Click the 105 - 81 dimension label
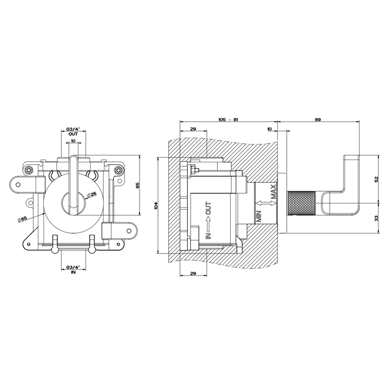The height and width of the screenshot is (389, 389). tap(228, 119)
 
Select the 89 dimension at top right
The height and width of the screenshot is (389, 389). tap(318, 119)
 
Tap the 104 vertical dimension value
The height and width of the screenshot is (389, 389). tap(156, 206)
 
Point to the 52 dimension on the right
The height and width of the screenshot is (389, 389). tap(376, 178)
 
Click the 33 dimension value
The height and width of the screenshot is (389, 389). tap(376, 218)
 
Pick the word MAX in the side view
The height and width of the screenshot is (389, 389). tap(273, 192)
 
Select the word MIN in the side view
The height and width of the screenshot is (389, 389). tap(260, 216)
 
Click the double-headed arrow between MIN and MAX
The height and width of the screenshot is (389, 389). tap(266, 203)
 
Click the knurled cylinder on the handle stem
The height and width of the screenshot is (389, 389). tap(301, 203)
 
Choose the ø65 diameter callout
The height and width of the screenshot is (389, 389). tap(22, 219)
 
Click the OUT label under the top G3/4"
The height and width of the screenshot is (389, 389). tap(73, 134)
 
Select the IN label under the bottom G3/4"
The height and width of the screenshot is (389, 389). tap(73, 272)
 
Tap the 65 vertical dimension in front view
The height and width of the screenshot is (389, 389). tap(138, 185)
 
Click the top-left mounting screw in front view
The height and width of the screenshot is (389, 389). tap(29, 170)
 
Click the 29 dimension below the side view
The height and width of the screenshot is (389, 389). tap(193, 273)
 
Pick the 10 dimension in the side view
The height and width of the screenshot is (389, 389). tap(270, 129)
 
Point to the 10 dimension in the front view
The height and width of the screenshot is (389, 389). tap(73, 141)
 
